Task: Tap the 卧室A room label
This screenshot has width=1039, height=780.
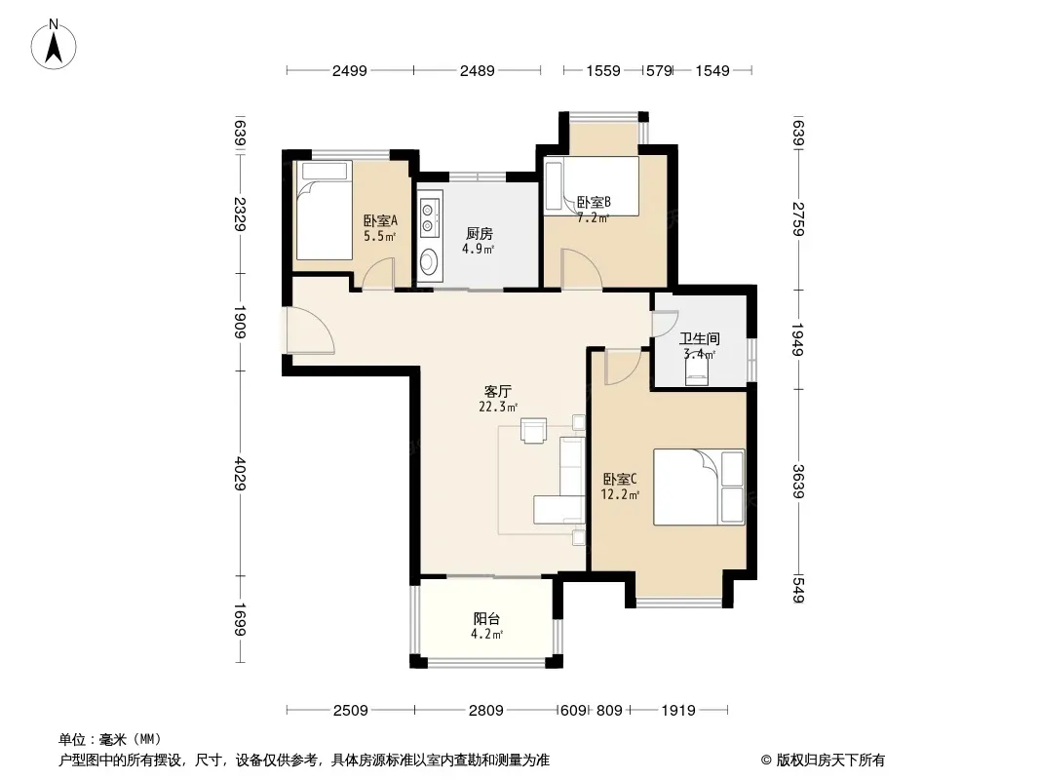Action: (380, 220)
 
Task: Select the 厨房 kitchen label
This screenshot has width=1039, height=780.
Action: (480, 234)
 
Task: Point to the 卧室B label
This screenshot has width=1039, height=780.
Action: (594, 202)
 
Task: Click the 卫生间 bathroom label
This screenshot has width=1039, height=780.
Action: (700, 338)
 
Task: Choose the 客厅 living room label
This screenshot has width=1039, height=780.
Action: (498, 392)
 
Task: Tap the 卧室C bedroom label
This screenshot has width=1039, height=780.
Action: (620, 479)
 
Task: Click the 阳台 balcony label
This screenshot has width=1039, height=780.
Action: (486, 619)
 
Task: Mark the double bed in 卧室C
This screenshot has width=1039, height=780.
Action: (699, 487)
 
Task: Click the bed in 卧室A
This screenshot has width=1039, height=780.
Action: (324, 210)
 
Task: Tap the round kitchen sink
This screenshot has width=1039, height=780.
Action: (430, 261)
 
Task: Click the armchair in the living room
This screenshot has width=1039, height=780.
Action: (533, 430)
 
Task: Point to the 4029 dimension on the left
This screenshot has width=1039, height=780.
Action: (239, 474)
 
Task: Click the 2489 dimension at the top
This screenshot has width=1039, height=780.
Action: (477, 70)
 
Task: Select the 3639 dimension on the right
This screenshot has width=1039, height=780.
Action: (798, 482)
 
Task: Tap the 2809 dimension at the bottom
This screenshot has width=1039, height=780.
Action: (485, 711)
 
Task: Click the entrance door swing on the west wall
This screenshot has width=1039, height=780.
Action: (309, 330)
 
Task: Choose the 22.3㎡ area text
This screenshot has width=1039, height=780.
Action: (498, 407)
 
